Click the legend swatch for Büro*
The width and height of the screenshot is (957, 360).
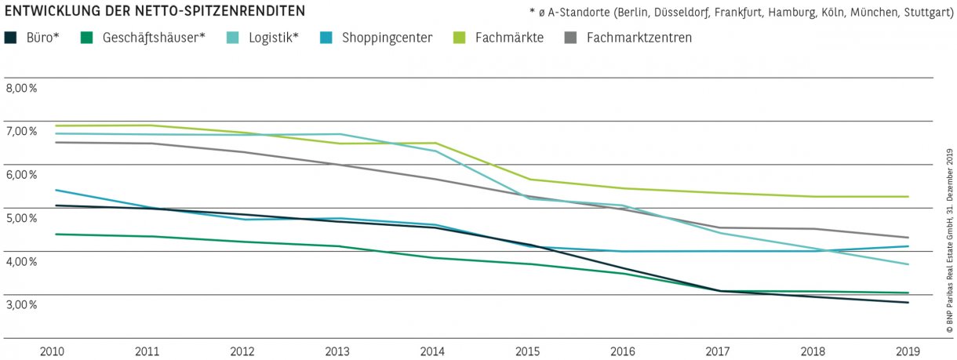coord(10,38)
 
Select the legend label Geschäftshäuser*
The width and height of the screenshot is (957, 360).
coord(154,38)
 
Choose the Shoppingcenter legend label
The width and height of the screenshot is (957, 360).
coord(387,38)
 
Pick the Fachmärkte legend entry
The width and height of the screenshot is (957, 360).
coord(509,38)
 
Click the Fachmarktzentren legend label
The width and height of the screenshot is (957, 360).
coord(639,38)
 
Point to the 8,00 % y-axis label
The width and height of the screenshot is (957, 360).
coord(22,88)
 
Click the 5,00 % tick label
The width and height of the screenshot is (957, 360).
coord(22,218)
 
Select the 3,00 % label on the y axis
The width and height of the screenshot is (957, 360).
coord(22,304)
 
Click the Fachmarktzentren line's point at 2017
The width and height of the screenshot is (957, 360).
coord(719,227)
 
